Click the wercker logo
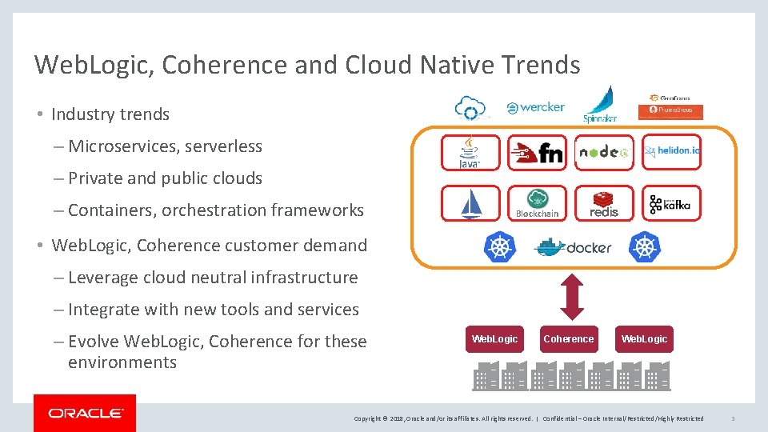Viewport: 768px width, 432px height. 536,107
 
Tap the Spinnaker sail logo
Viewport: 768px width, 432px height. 599,104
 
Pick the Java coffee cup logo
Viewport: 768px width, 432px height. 470,152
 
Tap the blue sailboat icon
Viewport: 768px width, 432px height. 470,203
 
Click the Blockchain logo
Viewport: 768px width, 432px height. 537,203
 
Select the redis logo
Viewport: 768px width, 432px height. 604,203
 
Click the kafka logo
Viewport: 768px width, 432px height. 670,203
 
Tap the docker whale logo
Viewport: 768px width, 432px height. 573,247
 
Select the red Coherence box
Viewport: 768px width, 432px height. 568,339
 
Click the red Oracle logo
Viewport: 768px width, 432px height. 85,413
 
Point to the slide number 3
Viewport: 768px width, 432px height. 733,418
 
